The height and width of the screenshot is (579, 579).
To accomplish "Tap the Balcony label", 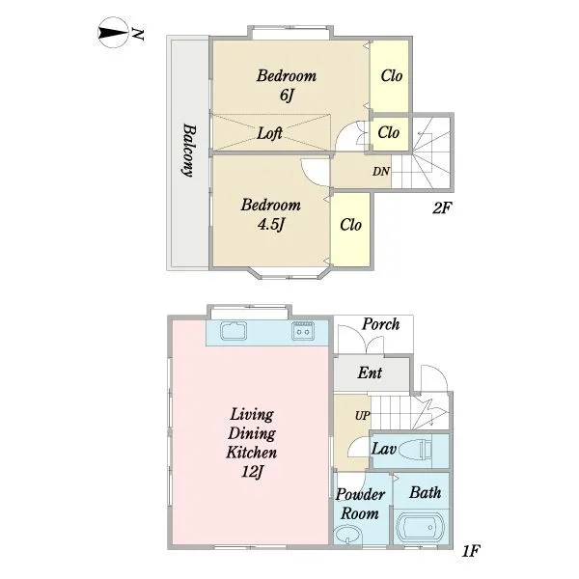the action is tap(189, 151).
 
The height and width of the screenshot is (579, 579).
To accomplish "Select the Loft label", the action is tap(269, 133).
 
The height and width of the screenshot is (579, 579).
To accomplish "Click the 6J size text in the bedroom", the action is tap(287, 95).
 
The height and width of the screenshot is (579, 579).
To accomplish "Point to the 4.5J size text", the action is tap(271, 224).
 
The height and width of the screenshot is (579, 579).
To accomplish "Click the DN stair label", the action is tap(381, 172).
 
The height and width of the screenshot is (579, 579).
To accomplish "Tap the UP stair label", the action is tap(362, 415).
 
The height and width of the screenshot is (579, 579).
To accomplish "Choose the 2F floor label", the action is tap(442, 208).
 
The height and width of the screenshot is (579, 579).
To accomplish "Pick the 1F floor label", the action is tap(471, 551).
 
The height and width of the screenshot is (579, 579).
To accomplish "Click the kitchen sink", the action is tap(234, 330).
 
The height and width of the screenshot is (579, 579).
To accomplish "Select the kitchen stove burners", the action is tap(303, 330).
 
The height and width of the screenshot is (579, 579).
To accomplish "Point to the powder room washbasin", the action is tap(347, 535).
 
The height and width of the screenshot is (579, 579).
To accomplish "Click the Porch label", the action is tap(380, 324).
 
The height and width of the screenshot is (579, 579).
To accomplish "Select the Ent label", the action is tap(370, 372).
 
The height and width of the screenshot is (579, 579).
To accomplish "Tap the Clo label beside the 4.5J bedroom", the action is tap(350, 225).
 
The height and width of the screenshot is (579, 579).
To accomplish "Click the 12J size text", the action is tap(252, 472).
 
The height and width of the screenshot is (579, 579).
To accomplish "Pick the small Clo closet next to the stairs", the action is tap(390, 133).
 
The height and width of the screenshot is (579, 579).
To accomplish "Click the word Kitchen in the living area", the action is tap(251, 453).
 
